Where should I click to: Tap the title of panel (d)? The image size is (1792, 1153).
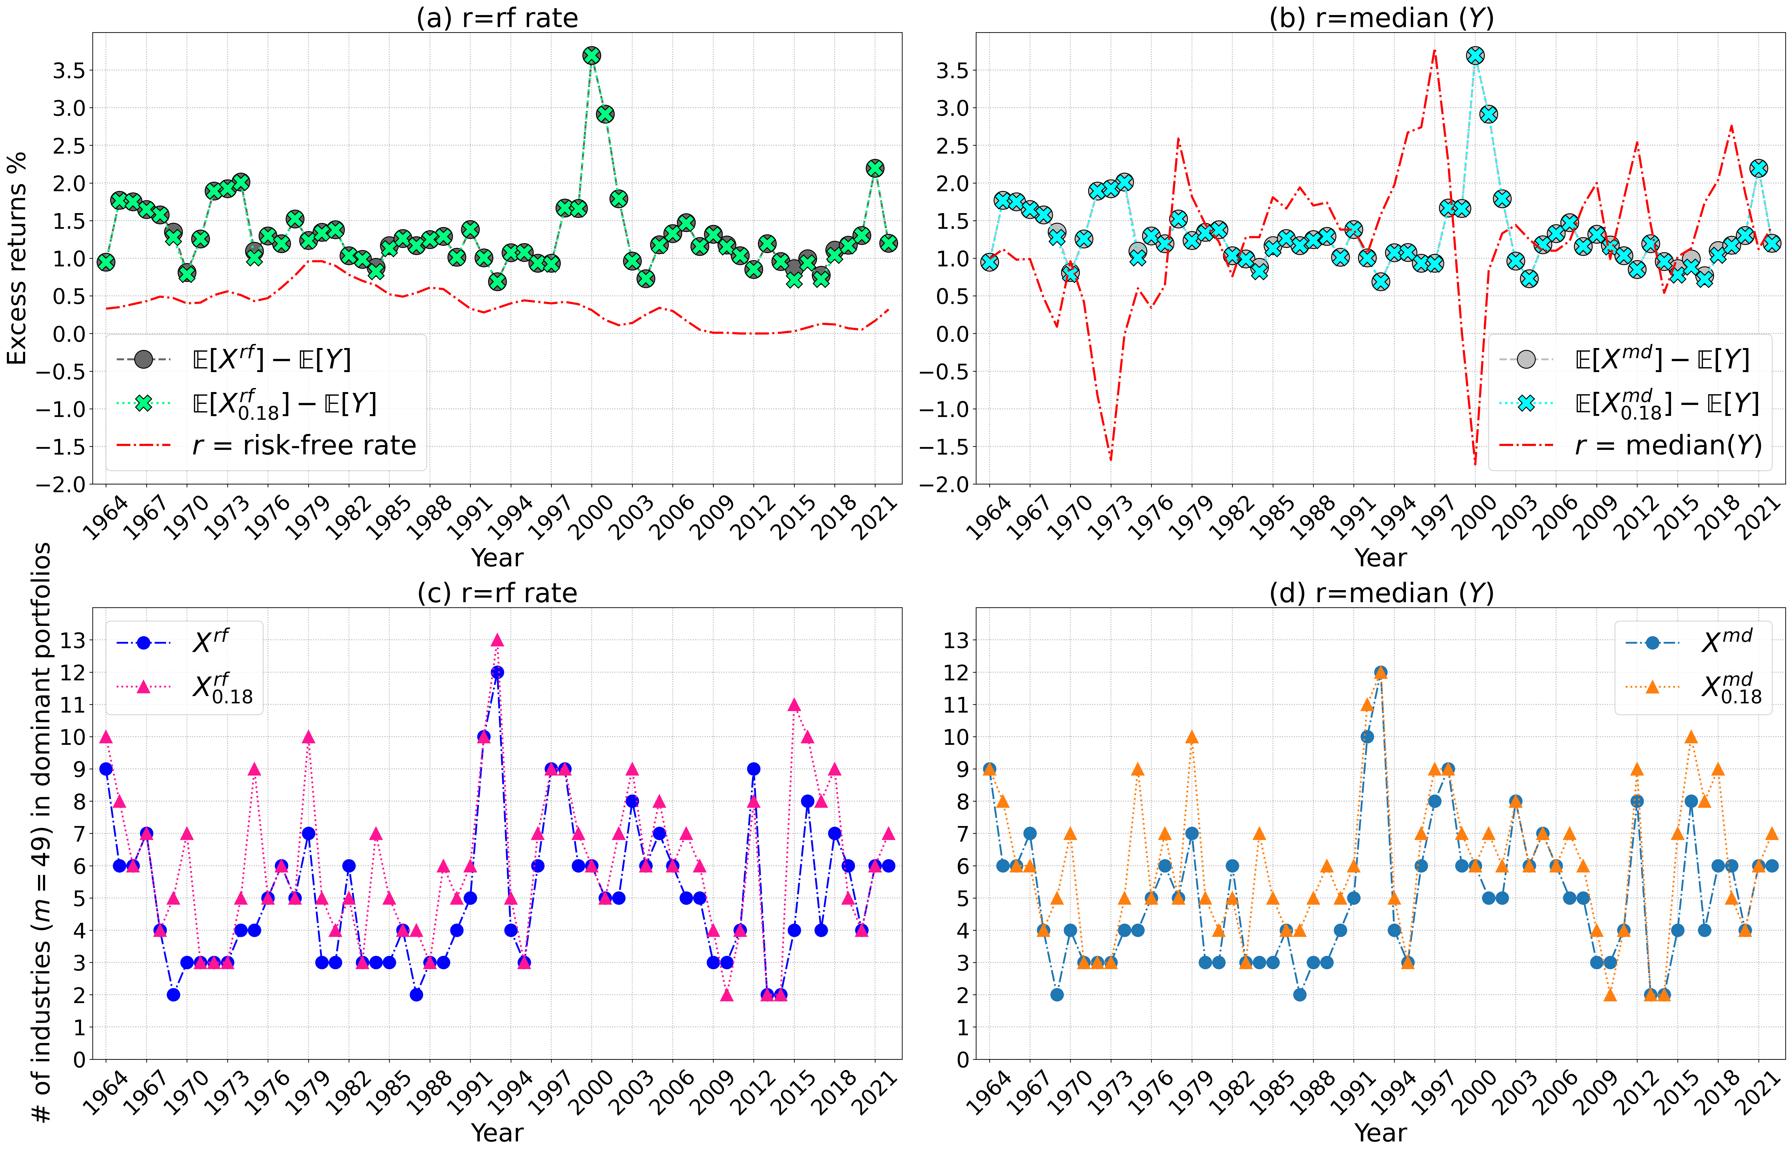[1381, 593]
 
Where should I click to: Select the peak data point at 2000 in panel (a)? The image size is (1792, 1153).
[591, 55]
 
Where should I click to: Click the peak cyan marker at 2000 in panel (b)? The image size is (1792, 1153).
[1475, 55]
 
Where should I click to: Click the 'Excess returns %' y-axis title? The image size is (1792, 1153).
[17, 258]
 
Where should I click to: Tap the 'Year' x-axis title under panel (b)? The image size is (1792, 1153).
[1381, 558]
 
